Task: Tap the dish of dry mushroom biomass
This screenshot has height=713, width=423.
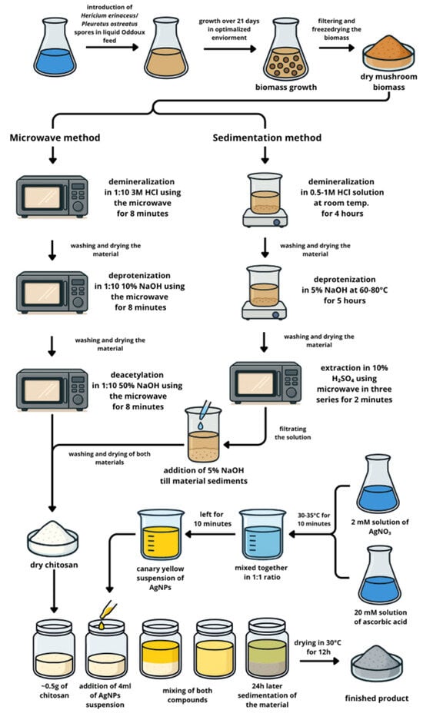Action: coord(388,56)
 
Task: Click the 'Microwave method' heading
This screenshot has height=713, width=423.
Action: coord(55,138)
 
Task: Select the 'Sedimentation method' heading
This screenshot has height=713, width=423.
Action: coord(267,138)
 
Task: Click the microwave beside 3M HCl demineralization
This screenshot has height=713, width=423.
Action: coord(52,197)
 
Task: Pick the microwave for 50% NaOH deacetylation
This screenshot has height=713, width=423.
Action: coord(52,390)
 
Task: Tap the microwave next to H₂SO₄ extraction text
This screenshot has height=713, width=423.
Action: coord(265,383)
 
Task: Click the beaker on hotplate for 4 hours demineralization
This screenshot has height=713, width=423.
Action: coord(265,200)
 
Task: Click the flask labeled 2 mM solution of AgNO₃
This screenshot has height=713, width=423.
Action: coord(378,484)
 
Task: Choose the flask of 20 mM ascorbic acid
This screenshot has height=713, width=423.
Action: coord(378,575)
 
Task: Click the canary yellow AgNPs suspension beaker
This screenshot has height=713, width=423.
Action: coord(161,534)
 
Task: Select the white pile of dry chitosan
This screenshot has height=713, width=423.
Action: coord(53,539)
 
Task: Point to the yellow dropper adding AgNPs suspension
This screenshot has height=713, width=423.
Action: coord(108,612)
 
